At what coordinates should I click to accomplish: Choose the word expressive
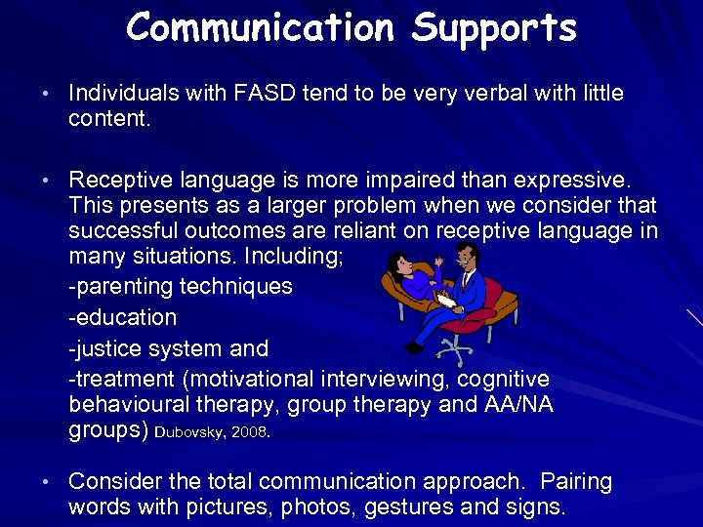click(x=562, y=181)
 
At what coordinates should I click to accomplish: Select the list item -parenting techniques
click(x=181, y=286)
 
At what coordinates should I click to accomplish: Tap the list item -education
click(x=123, y=317)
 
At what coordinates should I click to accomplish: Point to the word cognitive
click(x=503, y=379)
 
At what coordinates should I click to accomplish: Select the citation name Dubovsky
click(x=191, y=431)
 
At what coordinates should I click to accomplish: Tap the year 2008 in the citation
click(x=250, y=431)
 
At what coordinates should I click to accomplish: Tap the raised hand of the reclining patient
click(x=438, y=262)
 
